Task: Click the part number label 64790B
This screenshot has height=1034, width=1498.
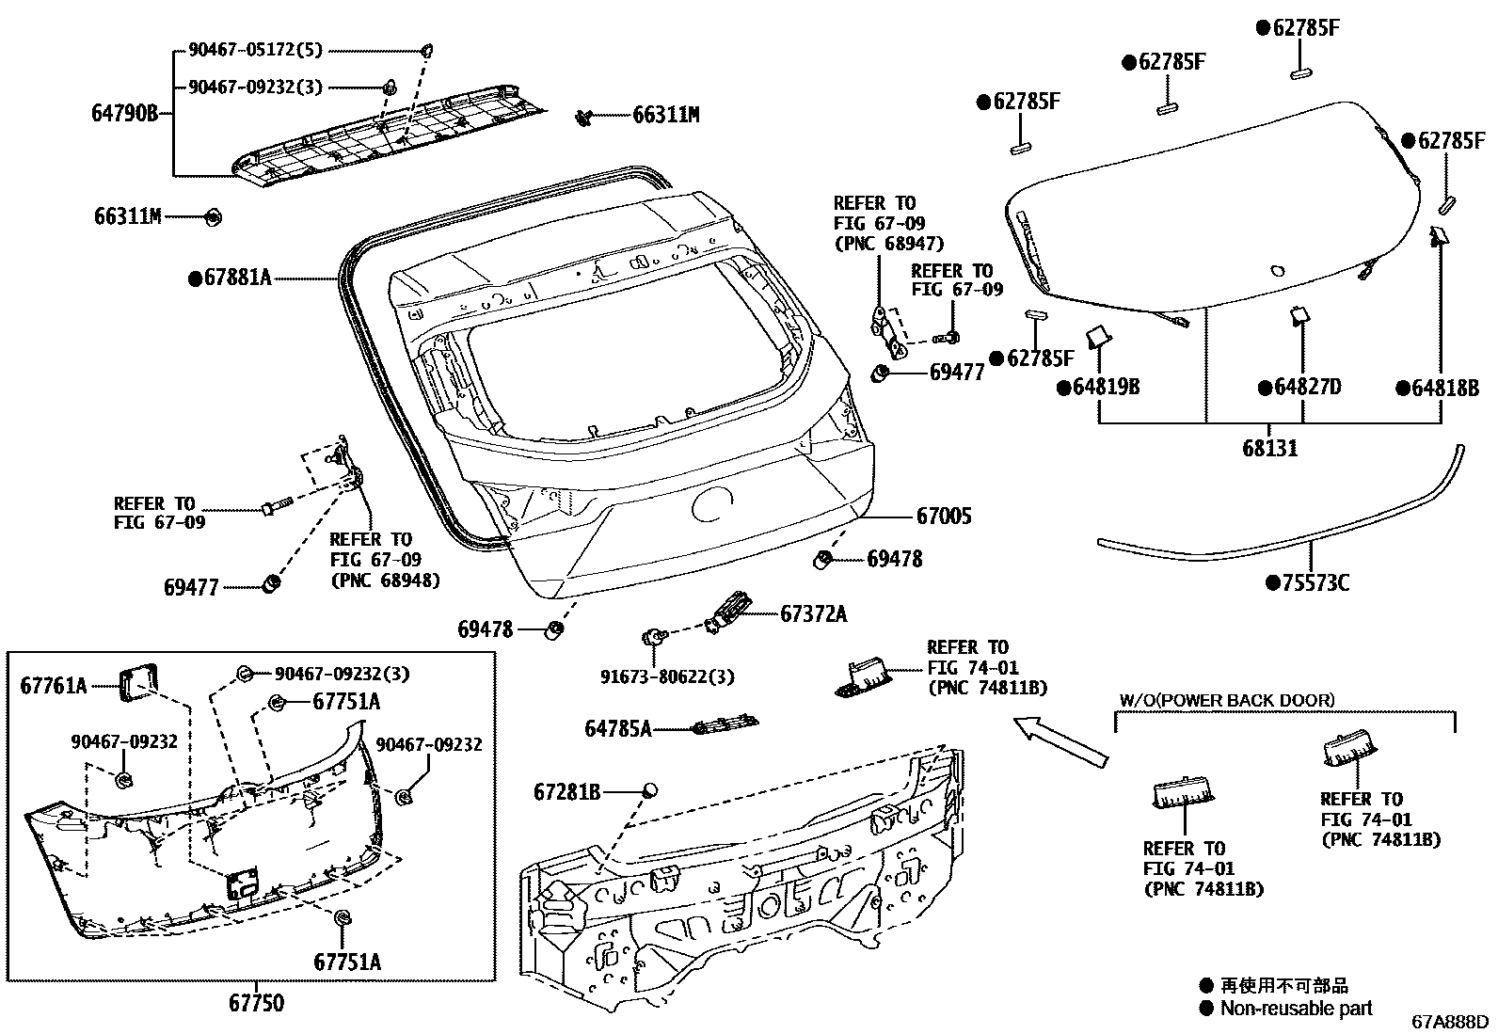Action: coord(124,114)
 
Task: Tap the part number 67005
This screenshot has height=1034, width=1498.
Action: coord(944,516)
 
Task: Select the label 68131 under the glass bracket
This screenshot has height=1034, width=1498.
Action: coord(1269,448)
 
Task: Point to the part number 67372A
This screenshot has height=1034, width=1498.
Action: coord(813,614)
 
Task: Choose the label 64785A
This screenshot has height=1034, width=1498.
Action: coord(617,728)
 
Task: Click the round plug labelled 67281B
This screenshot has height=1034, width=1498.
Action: coord(649,791)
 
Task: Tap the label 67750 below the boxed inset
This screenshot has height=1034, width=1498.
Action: coord(256,1003)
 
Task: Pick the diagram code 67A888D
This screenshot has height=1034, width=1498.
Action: coord(1450,1022)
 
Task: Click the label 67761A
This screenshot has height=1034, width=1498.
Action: coord(53,686)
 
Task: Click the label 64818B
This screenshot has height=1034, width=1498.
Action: coord(1444,387)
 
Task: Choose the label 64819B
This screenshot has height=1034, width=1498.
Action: coord(1105,387)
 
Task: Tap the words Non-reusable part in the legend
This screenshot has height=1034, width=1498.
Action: coord(1296,1008)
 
